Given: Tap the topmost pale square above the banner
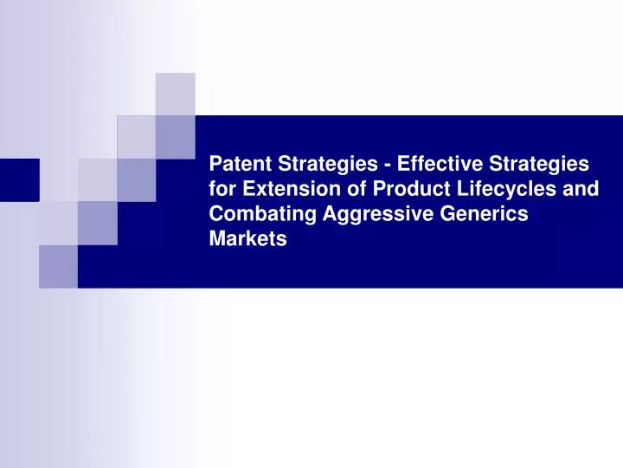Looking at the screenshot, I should tap(175, 94).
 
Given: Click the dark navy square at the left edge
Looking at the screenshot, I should tap(19, 179).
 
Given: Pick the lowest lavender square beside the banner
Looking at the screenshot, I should tap(58, 266).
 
